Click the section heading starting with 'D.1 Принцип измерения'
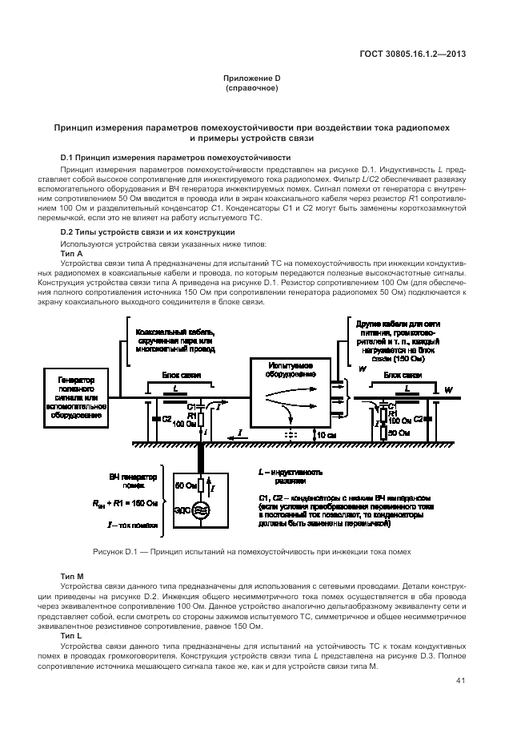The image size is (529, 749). click(175, 157)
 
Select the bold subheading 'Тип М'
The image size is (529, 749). click(72, 577)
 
